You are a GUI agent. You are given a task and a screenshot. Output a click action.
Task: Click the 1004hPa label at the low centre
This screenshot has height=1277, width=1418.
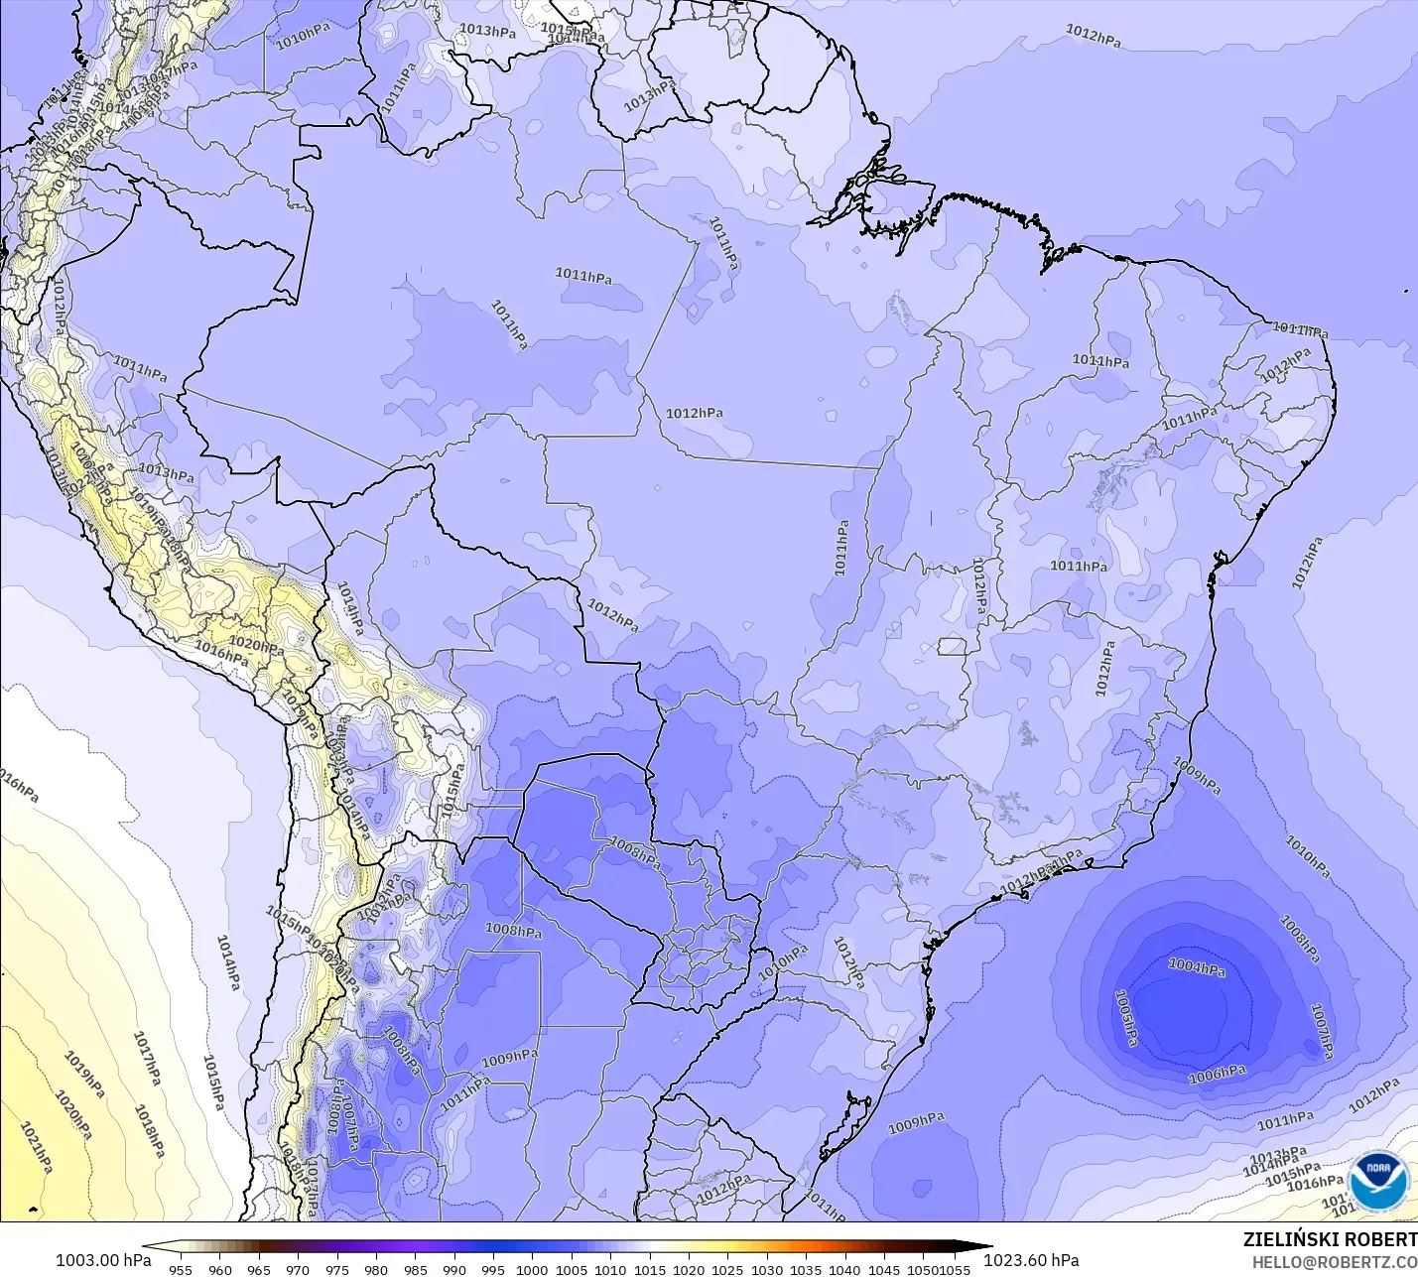click(x=1196, y=966)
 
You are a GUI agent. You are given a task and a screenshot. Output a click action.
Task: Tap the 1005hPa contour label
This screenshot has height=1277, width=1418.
click(x=1126, y=1018)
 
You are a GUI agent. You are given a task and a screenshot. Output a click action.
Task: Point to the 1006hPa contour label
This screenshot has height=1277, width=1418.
click(x=1218, y=1074)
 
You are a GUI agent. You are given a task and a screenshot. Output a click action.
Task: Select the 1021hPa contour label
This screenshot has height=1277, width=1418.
click(x=36, y=1148)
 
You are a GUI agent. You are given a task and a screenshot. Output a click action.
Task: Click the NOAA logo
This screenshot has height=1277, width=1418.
click(x=1379, y=1181)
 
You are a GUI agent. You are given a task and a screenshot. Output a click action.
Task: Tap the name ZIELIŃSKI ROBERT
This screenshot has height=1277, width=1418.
click(x=1330, y=1240)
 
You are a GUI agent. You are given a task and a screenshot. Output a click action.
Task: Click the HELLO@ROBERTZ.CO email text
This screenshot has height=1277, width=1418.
click(x=1334, y=1262)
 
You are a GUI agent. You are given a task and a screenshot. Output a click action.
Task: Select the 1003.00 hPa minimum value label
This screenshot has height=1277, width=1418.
click(x=103, y=1260)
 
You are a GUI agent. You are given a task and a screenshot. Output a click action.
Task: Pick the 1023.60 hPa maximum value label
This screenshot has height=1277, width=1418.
click(x=1031, y=1260)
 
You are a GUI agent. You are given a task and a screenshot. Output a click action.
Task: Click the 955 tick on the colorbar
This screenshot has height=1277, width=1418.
click(x=181, y=1269)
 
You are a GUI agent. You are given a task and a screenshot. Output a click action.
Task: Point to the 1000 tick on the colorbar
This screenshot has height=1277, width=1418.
click(x=532, y=1269)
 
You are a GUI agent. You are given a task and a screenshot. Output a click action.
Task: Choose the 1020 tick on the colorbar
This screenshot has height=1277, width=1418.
click(x=689, y=1269)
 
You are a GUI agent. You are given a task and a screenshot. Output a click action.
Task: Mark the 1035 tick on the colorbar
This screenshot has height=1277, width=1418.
click(x=806, y=1269)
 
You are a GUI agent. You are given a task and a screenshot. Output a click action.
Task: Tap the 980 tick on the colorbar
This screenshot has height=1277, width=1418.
click(x=376, y=1269)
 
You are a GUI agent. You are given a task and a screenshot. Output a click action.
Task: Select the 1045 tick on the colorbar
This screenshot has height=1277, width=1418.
click(x=884, y=1269)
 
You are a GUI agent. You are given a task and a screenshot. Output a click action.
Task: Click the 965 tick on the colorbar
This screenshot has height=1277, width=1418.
click(x=259, y=1269)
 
